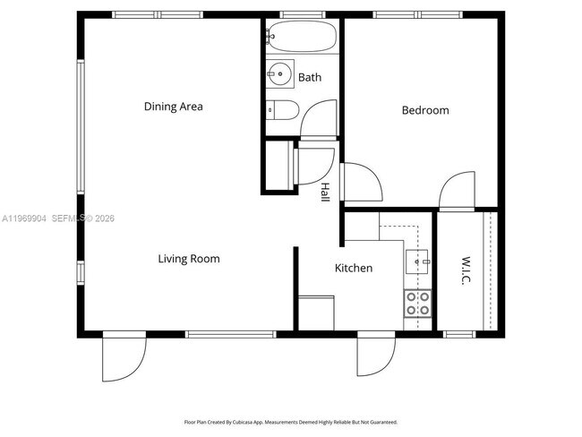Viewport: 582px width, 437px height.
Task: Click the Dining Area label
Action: click(x=173, y=107)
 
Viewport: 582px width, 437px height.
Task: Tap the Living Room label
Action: click(x=188, y=259)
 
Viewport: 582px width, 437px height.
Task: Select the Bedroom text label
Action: click(x=424, y=110)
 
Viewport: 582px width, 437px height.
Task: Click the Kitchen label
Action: click(x=354, y=268)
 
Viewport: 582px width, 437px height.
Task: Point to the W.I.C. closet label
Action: click(x=466, y=272)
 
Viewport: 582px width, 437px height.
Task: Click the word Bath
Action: click(x=310, y=78)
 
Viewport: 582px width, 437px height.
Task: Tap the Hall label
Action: click(x=326, y=193)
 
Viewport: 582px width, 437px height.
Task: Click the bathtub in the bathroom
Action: click(x=301, y=39)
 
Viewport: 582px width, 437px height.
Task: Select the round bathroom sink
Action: click(x=279, y=73)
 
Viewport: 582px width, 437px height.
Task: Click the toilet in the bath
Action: click(x=282, y=109)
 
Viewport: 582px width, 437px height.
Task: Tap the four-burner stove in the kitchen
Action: click(x=417, y=304)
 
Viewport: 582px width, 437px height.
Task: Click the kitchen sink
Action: click(x=417, y=261)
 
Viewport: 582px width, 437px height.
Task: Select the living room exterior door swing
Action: click(x=123, y=356)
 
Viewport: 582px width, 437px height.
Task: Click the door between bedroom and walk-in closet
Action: click(x=459, y=190)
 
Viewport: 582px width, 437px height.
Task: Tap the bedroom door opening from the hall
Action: click(x=362, y=184)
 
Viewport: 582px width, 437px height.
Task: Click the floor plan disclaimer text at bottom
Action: click(x=291, y=422)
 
